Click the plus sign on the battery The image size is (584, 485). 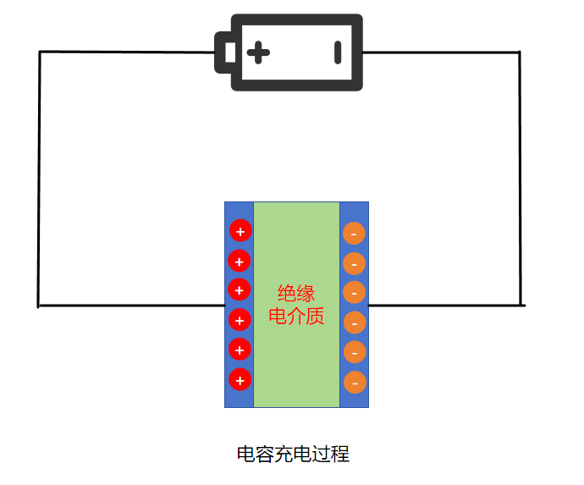coord(259,52)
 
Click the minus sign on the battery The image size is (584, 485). coord(338,52)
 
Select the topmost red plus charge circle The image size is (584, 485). coord(240,230)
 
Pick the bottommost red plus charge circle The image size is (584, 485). coord(240,379)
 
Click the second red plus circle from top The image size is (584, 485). coord(240,261)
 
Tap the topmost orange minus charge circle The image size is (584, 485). coord(354,233)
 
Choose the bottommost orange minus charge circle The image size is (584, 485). coord(354,383)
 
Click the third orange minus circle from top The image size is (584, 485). coord(354,292)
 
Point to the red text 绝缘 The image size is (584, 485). coord(296,294)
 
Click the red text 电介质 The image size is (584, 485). coord(296,317)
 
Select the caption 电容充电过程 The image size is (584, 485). coord(293,454)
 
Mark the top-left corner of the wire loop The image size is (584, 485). coord(40,52)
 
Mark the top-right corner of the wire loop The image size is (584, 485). coord(519,52)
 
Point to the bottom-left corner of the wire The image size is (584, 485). coord(39,305)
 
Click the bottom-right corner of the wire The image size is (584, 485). coord(521,304)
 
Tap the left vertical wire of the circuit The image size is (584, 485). coord(39,178)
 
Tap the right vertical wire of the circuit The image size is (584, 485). coord(520,178)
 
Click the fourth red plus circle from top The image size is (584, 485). coord(240,319)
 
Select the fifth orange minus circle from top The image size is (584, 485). coord(354,352)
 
